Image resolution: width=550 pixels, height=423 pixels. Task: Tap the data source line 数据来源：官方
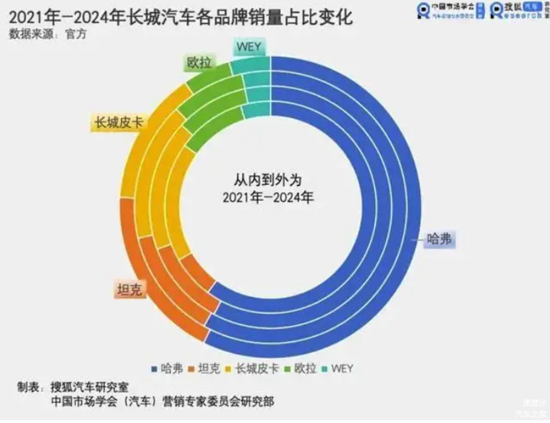click(48, 34)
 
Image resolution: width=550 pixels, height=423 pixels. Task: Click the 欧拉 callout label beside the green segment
click(198, 63)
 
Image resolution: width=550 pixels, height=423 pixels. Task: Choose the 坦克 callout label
click(131, 289)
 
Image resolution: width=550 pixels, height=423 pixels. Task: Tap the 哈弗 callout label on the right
click(440, 239)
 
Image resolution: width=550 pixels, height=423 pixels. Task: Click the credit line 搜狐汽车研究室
click(94, 387)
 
